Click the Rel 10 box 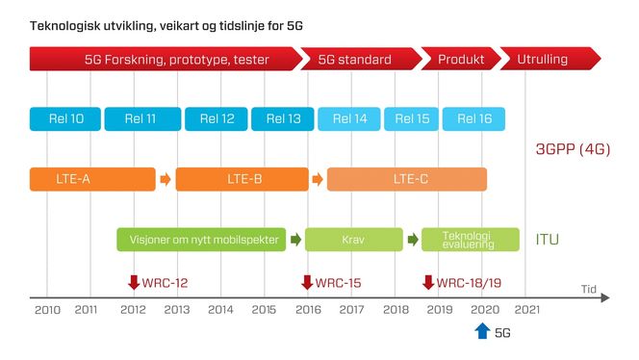point(64,119)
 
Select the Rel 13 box point(283,119)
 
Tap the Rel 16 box point(474,119)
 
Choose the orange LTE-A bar point(92,179)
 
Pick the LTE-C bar point(407,179)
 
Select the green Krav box point(353,240)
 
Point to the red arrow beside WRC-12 point(134,282)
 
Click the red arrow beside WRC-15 point(307,282)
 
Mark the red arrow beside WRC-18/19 point(428,282)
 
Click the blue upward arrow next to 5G point(482,331)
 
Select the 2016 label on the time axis point(309,310)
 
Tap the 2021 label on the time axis point(526,310)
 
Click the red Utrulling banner point(547,60)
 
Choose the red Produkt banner point(460,60)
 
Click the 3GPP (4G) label point(573,149)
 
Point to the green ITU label point(548,239)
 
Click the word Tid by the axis point(587,288)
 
